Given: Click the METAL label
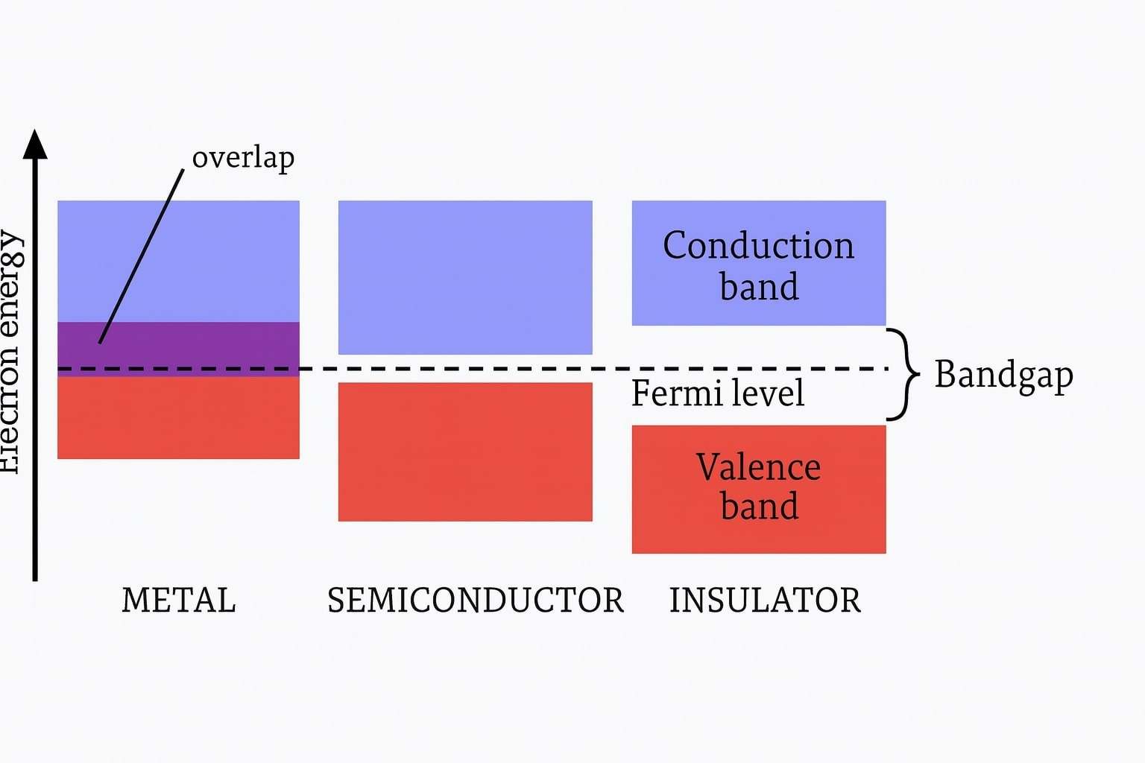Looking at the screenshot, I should (x=179, y=600).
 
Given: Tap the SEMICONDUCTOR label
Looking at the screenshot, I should (x=476, y=600).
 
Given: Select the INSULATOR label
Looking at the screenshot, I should (x=765, y=600).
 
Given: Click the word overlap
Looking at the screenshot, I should (x=243, y=158).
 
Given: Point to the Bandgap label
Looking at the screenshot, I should (x=1003, y=375).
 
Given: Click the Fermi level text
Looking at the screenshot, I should (x=717, y=393).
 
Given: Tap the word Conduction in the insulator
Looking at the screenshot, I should (x=758, y=245).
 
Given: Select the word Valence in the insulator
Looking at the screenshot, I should (x=758, y=467).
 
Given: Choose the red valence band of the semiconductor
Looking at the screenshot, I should (x=465, y=452).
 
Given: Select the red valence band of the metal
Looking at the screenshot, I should (x=178, y=417).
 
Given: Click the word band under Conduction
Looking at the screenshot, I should (x=759, y=287).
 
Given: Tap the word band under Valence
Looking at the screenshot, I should (x=759, y=507).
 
